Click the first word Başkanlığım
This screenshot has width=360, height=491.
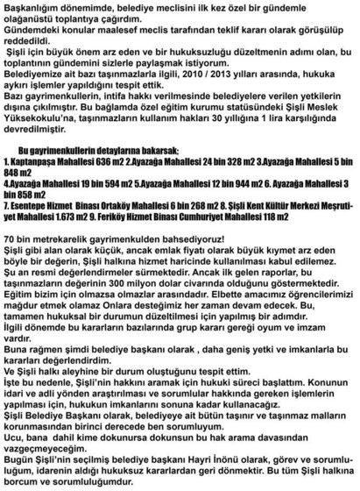click(30, 7)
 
